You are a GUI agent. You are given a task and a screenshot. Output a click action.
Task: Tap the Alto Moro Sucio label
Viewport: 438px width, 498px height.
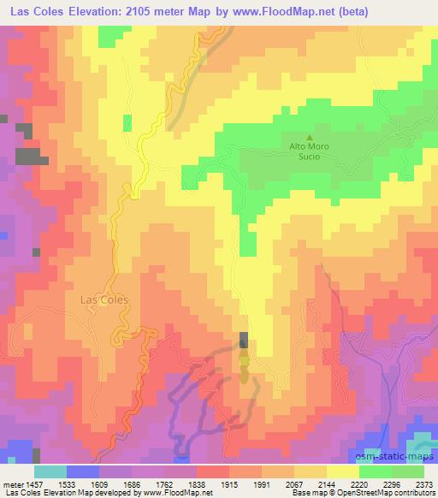point(309,151)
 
